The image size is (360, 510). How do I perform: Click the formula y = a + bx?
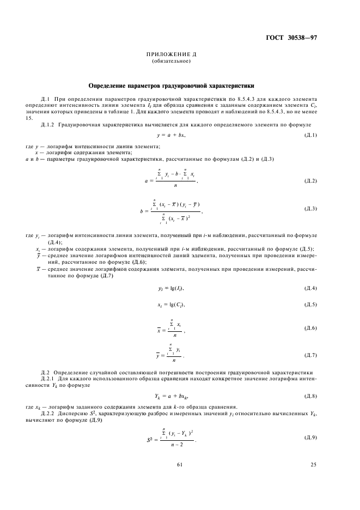click(171, 135)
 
